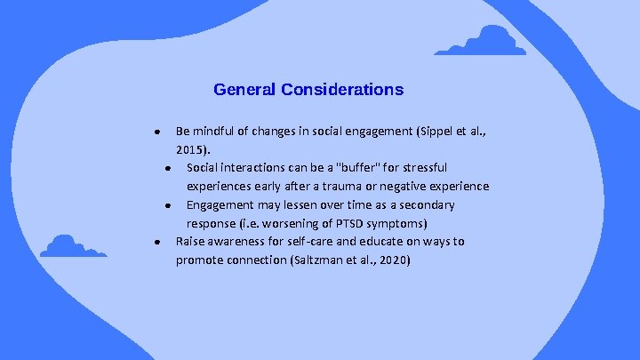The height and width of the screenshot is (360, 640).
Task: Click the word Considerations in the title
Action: click(x=342, y=90)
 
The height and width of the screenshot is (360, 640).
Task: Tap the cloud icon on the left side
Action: click(x=74, y=246)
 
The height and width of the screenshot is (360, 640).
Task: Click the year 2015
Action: click(x=193, y=149)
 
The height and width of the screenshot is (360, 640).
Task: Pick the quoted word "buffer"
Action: click(x=352, y=168)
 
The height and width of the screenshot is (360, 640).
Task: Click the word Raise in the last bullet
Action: click(x=191, y=242)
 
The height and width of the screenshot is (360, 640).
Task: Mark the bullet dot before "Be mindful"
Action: click(x=156, y=132)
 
